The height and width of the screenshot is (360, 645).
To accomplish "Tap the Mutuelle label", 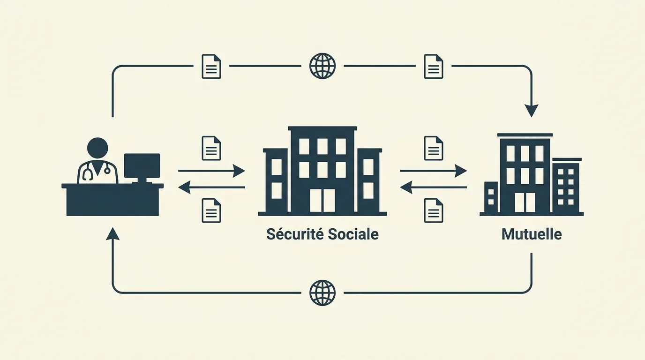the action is point(532,234).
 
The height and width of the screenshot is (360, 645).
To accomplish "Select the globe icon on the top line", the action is point(322,66).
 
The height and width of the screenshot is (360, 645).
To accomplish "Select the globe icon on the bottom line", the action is point(322,293).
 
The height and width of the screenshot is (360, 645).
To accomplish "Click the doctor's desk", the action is point(112,200).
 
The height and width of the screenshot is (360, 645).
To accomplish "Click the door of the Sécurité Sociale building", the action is point(322,201).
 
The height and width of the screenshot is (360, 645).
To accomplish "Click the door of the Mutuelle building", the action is point(525,202).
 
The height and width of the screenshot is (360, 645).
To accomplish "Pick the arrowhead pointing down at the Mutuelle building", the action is point(532,111).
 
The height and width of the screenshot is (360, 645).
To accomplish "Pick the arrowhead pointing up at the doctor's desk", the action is point(112,233).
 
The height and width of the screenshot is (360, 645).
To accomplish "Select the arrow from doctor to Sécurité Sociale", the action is point(211,171).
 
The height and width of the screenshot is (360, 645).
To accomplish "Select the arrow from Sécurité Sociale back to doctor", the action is point(211,187).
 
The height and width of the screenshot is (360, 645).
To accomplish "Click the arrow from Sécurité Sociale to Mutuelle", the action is point(433,171).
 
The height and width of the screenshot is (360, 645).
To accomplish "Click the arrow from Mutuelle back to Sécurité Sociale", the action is point(433,187).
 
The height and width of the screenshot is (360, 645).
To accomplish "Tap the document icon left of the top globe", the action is point(211,66).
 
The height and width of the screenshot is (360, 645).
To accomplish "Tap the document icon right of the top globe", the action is point(433,66).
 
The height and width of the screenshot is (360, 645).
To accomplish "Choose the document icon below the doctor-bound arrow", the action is point(211,210).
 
